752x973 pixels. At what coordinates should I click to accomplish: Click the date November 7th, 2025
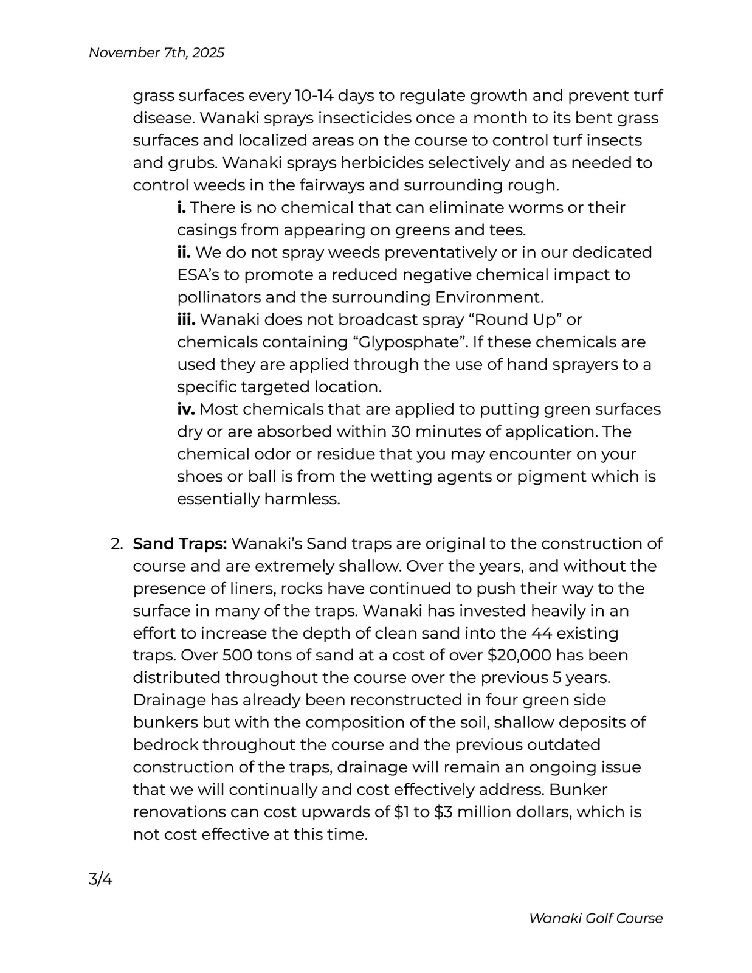point(156,53)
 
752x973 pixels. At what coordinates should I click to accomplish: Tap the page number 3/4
point(100,879)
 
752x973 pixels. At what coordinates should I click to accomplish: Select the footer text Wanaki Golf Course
point(595,918)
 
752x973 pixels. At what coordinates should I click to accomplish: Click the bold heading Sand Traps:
point(180,544)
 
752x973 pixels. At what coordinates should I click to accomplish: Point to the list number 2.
point(117,544)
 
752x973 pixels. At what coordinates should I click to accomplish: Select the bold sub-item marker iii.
point(186,320)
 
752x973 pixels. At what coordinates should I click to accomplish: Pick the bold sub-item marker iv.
point(186,409)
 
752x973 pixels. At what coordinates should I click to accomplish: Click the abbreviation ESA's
point(198,275)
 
